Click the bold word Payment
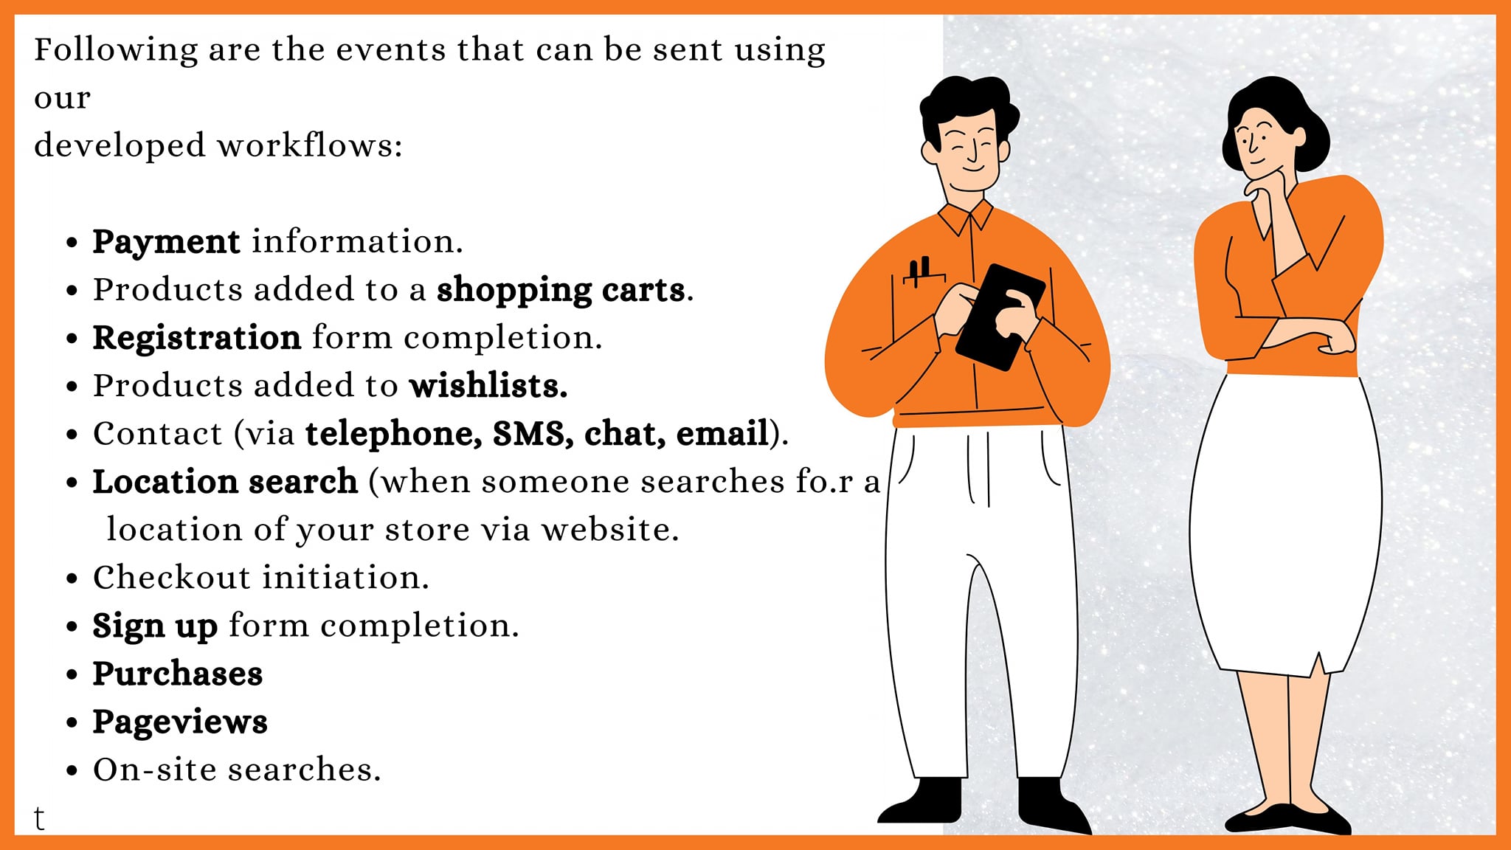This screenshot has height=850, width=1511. click(x=166, y=242)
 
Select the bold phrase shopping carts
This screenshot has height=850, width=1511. click(x=561, y=290)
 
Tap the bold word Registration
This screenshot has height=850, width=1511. click(x=197, y=338)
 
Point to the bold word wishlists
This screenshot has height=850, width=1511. click(x=488, y=386)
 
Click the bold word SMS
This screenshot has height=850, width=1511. click(x=533, y=434)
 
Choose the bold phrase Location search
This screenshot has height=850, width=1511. click(x=225, y=482)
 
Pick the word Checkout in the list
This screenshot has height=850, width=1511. click(x=172, y=578)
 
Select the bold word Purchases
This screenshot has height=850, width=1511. click(x=178, y=674)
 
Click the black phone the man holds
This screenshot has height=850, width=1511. click(x=1000, y=317)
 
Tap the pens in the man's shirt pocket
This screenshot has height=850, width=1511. click(x=919, y=271)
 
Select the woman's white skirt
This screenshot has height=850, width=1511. click(x=1286, y=524)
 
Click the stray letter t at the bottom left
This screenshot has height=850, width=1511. click(x=39, y=818)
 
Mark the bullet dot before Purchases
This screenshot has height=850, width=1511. click(x=72, y=674)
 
